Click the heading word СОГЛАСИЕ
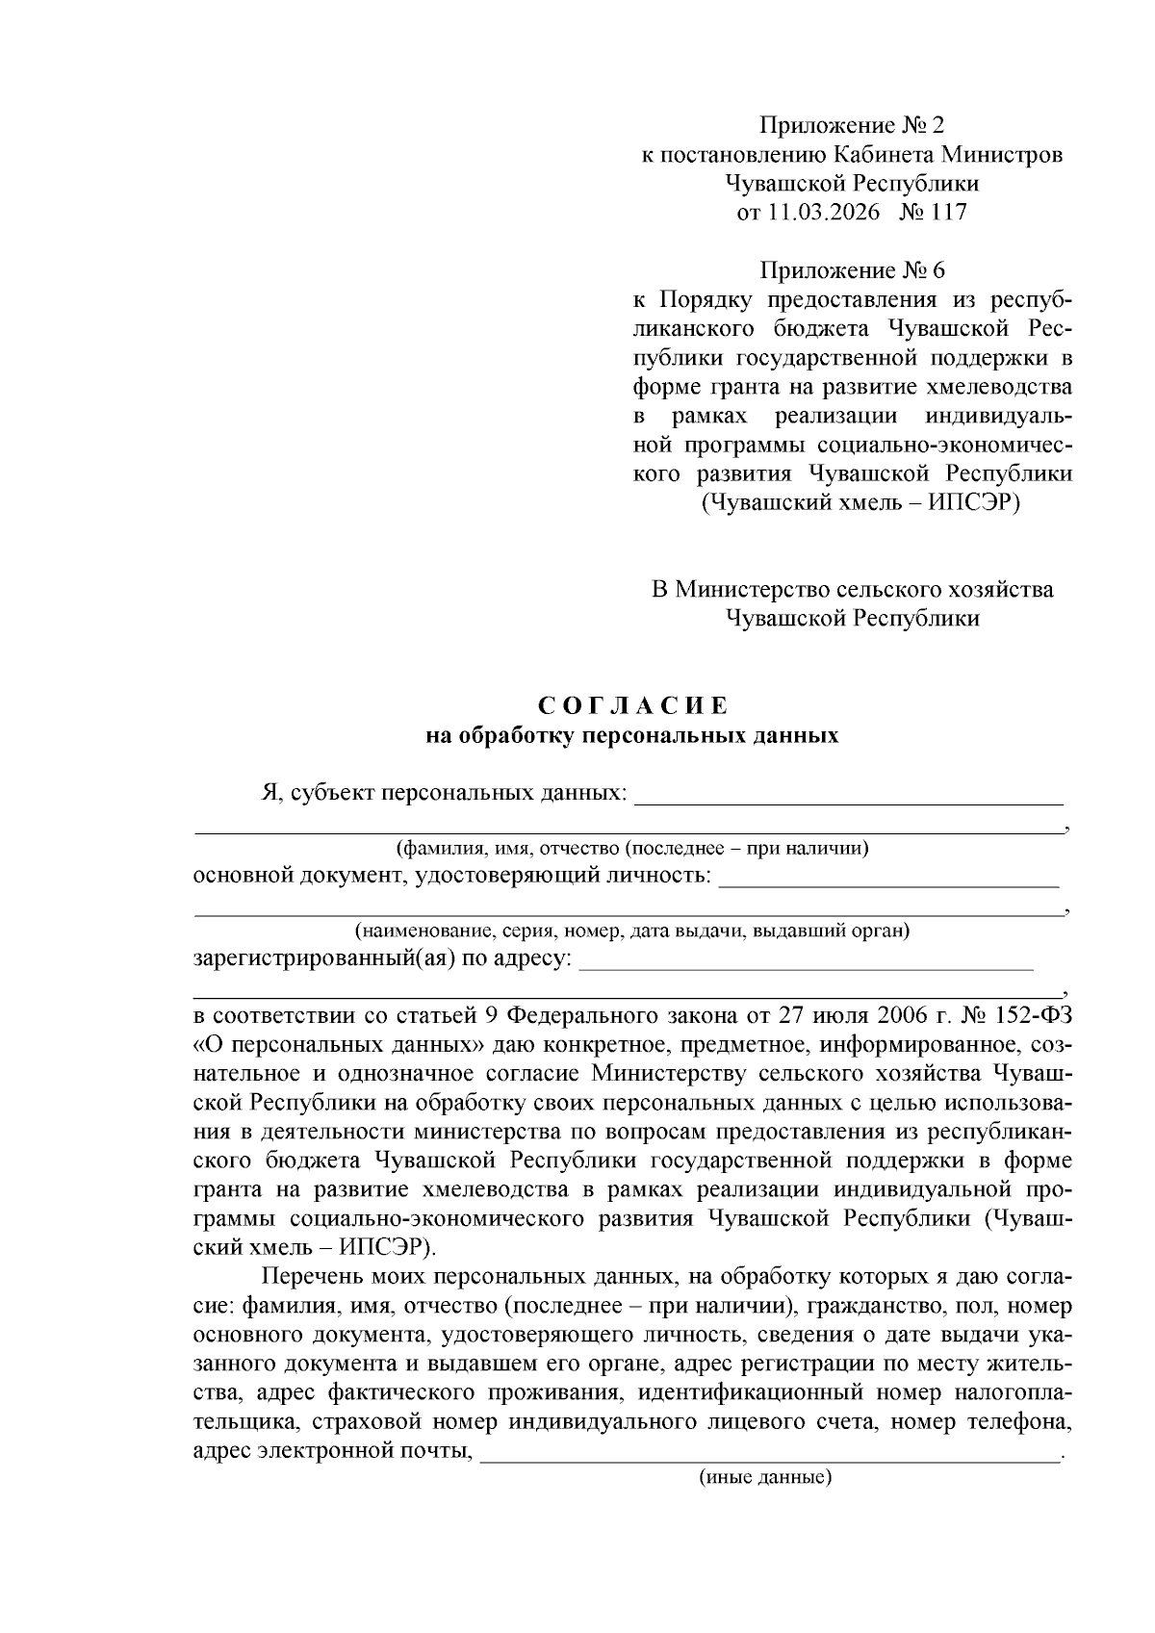pyautogui.click(x=632, y=706)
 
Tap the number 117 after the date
pyautogui.click(x=948, y=212)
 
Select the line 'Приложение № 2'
pyautogui.click(x=853, y=125)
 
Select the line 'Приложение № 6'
pyautogui.click(x=853, y=270)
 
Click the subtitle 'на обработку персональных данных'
pyautogui.click(x=632, y=736)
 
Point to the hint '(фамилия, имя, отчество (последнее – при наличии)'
pyautogui.click(x=632, y=849)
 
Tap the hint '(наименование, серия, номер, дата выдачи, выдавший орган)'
pyautogui.click(x=632, y=931)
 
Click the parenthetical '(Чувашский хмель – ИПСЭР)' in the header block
pyautogui.click(x=860, y=502)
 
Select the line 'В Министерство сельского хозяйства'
pyautogui.click(x=853, y=589)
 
